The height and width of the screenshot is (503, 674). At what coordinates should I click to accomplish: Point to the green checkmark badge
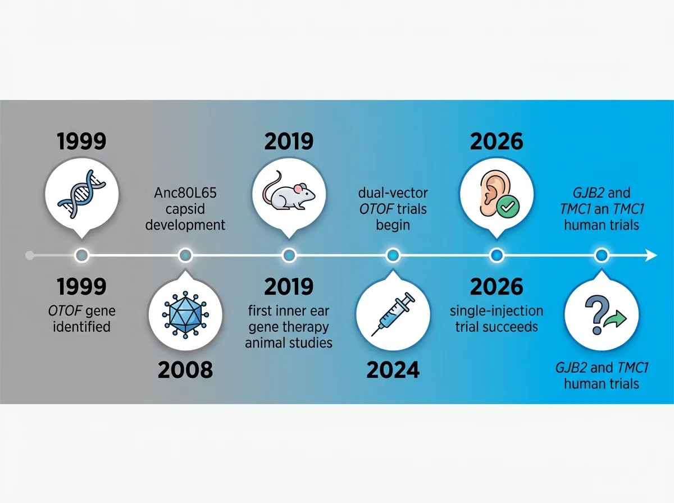510,207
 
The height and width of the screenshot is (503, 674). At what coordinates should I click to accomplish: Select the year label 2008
185,370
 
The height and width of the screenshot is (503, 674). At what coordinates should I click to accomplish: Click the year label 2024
393,370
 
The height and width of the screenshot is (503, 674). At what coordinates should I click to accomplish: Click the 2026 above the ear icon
497,142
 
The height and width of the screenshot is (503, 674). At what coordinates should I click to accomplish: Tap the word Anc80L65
185,194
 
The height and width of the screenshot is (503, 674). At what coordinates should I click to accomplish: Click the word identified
81,326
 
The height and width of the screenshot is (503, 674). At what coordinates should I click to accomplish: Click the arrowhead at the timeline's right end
652,255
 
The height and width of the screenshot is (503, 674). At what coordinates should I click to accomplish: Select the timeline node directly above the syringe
393,255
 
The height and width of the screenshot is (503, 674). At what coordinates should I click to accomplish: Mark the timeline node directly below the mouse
289,255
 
